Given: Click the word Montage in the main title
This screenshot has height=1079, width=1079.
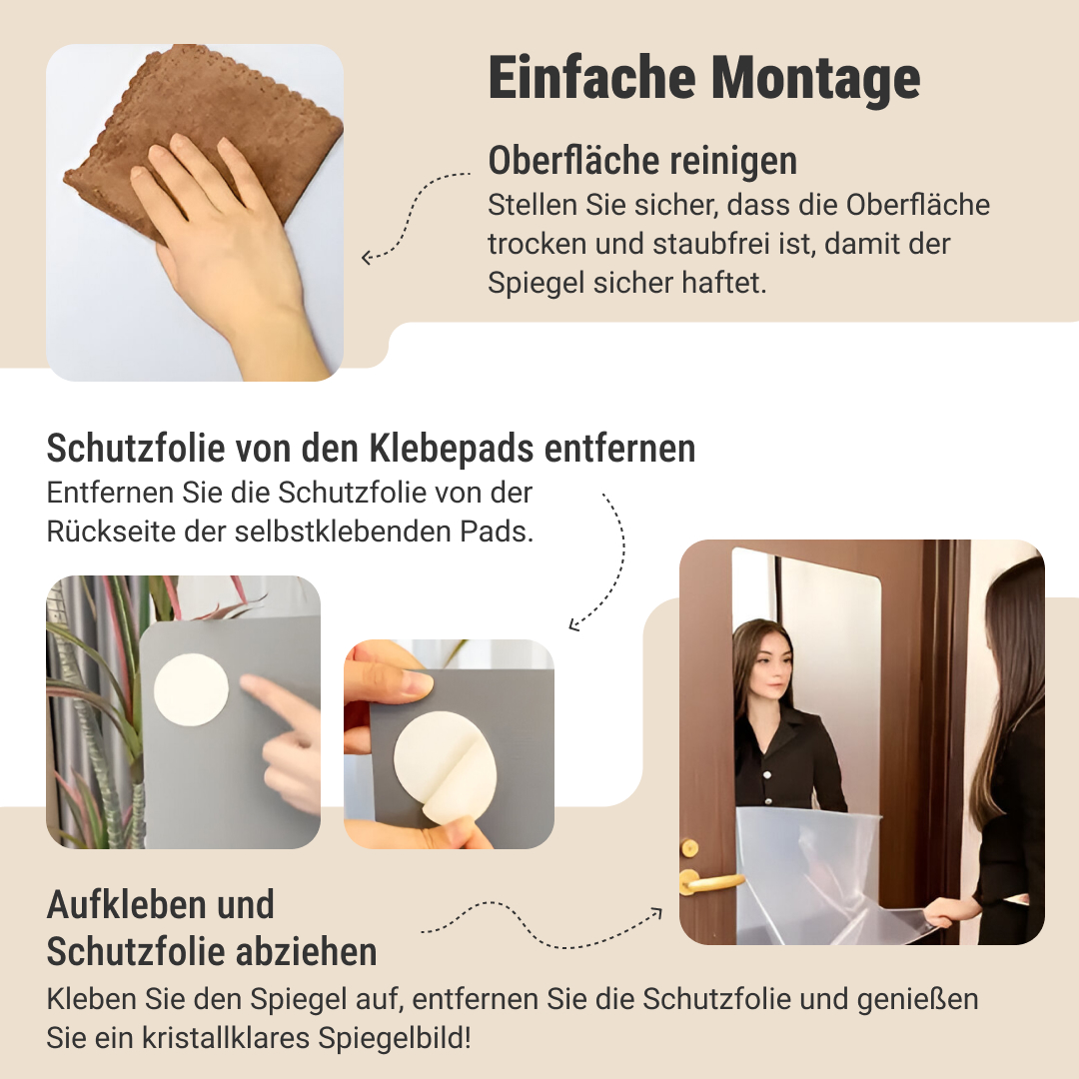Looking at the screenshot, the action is click(x=815, y=79).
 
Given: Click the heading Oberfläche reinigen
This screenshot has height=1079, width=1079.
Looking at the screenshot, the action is click(x=642, y=161).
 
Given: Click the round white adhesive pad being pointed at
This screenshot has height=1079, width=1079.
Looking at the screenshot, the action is click(x=191, y=689).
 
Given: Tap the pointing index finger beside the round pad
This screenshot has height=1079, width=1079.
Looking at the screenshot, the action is click(x=272, y=695).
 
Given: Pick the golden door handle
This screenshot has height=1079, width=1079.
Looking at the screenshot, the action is click(x=708, y=881).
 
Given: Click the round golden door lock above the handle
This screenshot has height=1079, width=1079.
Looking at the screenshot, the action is click(x=688, y=848).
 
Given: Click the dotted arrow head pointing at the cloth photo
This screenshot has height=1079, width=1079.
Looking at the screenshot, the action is click(x=368, y=258).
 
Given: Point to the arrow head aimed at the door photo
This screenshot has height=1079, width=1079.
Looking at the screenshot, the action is click(x=656, y=913).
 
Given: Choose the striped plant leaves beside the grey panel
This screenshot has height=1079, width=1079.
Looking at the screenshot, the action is click(x=96, y=708).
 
